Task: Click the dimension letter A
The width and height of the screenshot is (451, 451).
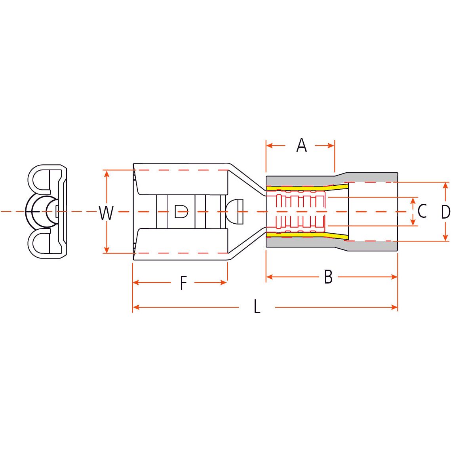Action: coord(301,145)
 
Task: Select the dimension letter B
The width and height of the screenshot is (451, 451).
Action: coord(328,277)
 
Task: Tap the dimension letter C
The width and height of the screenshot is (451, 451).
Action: coord(422,211)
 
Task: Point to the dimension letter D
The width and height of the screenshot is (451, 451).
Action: coord(445,212)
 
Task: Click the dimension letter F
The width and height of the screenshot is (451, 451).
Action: coord(183,283)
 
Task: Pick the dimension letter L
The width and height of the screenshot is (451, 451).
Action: coord(257,307)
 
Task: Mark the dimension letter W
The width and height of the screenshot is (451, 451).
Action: coord(106,213)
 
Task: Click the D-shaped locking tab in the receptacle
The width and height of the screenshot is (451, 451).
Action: coord(181,211)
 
